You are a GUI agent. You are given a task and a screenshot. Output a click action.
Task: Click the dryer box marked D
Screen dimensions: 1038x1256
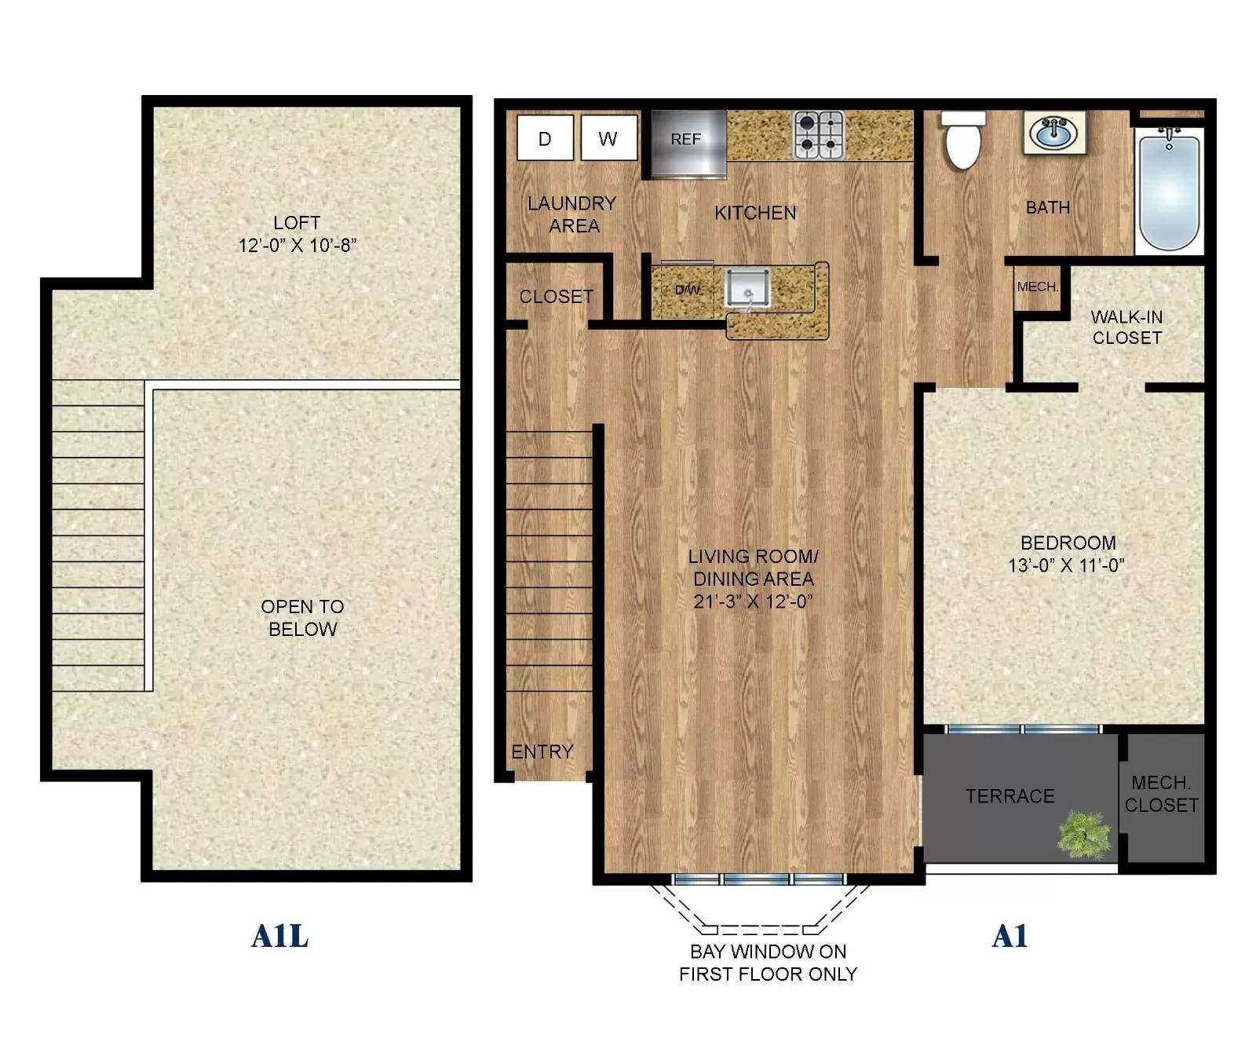[x=545, y=138]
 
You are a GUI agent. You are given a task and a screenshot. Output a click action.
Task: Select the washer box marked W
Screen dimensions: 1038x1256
[x=608, y=138]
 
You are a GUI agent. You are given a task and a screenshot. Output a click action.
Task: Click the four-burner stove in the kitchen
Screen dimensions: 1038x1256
[x=819, y=134]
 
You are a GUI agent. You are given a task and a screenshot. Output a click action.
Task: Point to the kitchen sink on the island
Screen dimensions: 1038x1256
[x=747, y=288]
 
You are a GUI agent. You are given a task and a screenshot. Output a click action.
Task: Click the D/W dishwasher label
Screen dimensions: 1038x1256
[x=688, y=290]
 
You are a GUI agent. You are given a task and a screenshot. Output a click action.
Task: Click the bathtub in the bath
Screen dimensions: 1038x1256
[x=1169, y=191]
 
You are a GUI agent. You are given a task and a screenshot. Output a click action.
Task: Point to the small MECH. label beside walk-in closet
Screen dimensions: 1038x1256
[x=1038, y=287]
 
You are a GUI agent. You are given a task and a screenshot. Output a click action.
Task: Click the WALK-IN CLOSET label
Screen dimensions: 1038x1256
[x=1126, y=327]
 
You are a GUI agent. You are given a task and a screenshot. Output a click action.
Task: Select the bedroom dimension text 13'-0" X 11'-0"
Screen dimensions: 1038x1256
[x=1066, y=565]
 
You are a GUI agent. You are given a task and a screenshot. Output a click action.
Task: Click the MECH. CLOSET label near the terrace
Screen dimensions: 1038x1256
[x=1161, y=794]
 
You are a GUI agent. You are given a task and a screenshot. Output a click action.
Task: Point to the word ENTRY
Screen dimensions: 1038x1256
[x=542, y=751]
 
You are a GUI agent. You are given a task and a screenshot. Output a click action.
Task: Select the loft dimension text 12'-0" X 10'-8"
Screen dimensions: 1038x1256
[x=297, y=245]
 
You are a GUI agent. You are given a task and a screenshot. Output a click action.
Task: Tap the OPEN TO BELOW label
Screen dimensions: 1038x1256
[x=302, y=618]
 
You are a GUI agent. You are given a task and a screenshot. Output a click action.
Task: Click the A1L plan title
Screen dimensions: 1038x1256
[x=279, y=936]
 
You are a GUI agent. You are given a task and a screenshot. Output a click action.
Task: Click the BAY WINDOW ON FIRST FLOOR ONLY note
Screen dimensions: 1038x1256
[x=768, y=963]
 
